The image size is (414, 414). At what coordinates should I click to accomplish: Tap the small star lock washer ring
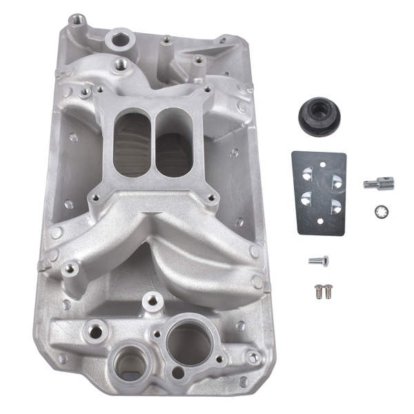click(378, 210)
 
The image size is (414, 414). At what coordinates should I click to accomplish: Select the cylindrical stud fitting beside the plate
click(378, 183)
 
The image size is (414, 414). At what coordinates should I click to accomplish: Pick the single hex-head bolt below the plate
click(318, 260)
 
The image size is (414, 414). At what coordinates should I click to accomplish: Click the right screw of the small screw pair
click(328, 290)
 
